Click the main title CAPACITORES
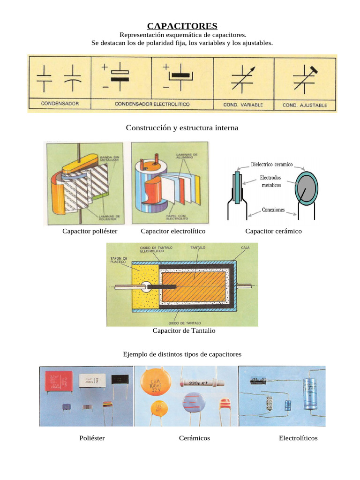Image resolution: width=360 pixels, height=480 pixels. [182, 26]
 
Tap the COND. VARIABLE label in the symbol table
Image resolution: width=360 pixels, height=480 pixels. [243, 105]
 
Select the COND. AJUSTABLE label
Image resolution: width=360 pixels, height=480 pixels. [305, 105]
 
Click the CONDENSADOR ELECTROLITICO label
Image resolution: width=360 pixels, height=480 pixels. [152, 104]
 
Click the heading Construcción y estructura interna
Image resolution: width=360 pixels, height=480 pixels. [182, 128]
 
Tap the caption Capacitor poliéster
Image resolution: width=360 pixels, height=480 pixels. [90, 231]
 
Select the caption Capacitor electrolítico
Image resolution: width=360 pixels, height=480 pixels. [173, 231]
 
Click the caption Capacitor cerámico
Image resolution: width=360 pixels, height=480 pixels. [273, 231]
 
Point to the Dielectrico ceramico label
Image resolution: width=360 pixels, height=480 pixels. [272, 165]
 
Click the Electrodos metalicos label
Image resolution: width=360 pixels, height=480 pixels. [271, 181]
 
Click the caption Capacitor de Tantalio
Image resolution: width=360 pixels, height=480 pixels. [184, 331]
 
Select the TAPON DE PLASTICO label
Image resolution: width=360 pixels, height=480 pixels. [119, 261]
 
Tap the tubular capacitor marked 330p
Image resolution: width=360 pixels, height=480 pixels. [200, 383]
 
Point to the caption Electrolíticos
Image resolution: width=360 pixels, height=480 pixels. [298, 438]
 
